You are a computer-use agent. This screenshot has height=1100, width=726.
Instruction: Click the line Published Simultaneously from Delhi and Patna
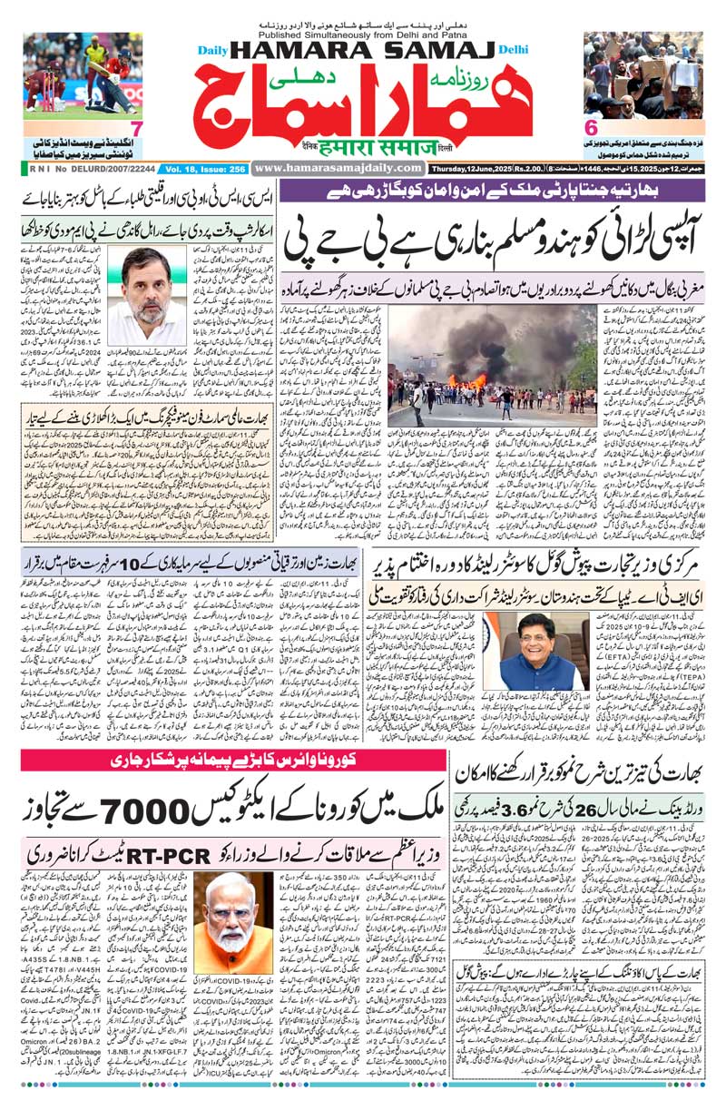coord(362,26)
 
